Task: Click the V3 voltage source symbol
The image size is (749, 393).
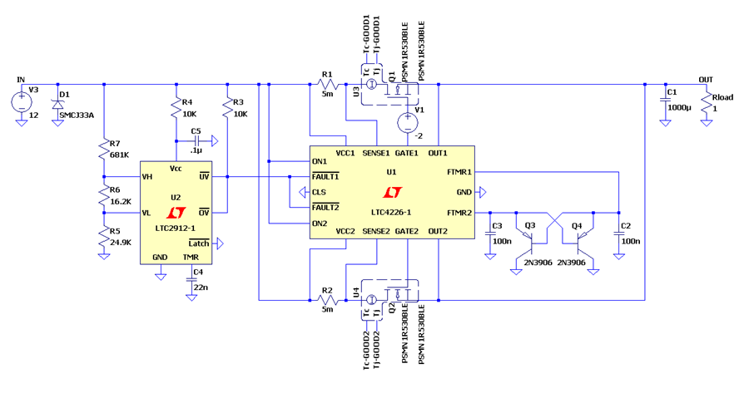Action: (x=22, y=101)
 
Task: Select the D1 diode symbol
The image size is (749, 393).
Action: (x=57, y=104)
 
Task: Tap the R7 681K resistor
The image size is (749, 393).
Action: (x=104, y=150)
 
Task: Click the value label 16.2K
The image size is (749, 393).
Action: (x=121, y=201)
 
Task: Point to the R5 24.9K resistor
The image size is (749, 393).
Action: (x=104, y=237)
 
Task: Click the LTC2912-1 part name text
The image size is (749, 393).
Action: (x=176, y=228)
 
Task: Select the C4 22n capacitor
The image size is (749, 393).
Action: (x=191, y=282)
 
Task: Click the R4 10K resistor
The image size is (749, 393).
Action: (x=176, y=109)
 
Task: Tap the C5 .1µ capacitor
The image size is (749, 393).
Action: (x=196, y=141)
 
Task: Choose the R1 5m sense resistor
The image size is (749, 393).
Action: (x=328, y=85)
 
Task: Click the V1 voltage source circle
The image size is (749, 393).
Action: (x=408, y=123)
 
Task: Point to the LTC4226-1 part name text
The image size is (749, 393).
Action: (x=391, y=212)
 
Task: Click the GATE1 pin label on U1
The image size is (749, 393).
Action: (x=407, y=153)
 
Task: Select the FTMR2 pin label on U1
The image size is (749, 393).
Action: (x=459, y=213)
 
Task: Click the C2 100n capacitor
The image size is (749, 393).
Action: (x=618, y=233)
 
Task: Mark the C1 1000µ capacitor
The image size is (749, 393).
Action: (x=665, y=101)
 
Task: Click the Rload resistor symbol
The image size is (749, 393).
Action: (x=707, y=104)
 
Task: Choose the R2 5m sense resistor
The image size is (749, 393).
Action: (x=328, y=300)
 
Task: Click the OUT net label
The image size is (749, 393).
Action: (x=706, y=80)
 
